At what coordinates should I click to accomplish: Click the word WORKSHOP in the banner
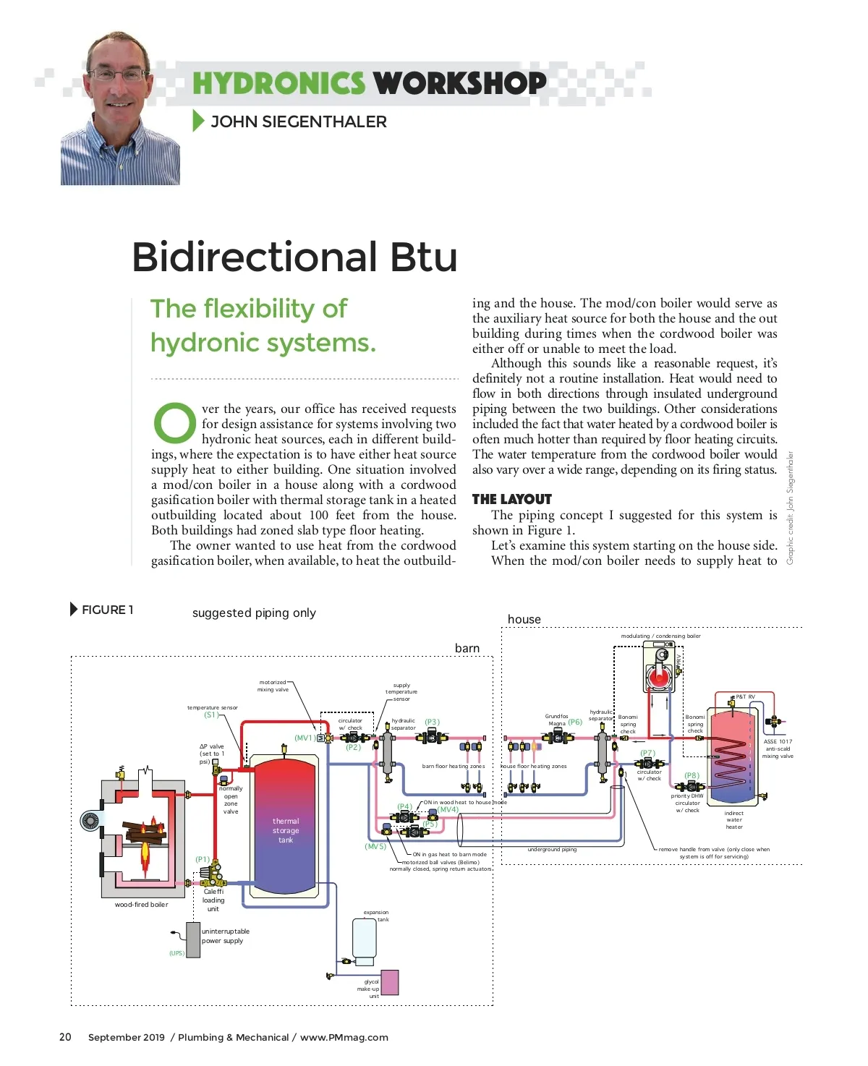click(459, 82)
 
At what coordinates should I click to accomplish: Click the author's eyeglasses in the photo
click(118, 74)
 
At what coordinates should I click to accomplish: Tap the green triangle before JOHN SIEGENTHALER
click(198, 121)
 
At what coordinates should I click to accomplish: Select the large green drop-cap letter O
click(174, 422)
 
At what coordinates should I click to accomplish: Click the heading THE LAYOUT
click(511, 499)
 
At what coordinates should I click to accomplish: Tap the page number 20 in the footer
click(65, 1037)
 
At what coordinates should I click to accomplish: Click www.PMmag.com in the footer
click(344, 1037)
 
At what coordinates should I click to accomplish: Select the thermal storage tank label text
click(286, 830)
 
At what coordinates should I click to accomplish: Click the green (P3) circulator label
click(432, 722)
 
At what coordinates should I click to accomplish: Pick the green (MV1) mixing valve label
click(305, 738)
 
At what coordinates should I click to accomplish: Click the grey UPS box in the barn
click(193, 940)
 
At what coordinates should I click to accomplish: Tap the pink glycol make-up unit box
click(389, 982)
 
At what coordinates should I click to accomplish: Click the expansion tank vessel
click(364, 938)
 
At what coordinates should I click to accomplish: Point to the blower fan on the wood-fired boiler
click(90, 821)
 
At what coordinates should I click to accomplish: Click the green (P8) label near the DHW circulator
click(692, 775)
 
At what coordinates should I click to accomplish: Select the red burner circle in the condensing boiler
click(658, 678)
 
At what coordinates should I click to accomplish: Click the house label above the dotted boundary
click(524, 619)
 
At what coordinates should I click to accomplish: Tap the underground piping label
click(552, 849)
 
